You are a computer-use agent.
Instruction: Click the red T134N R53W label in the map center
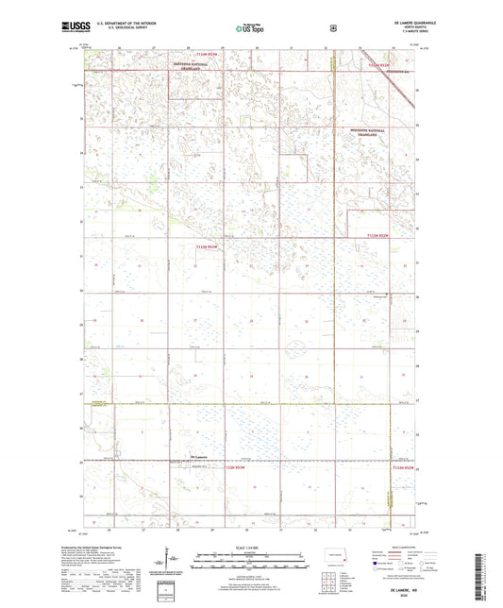coord(207,246)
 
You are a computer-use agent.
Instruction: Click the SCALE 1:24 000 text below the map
coord(250,549)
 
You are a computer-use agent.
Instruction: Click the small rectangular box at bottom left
coord(170,591)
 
